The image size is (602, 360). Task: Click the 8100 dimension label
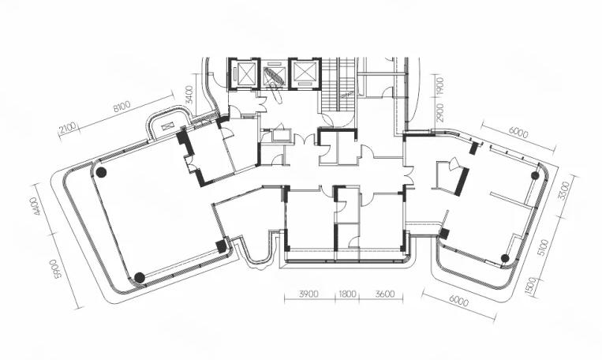tap(122, 106)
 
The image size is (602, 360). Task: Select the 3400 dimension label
tap(189, 95)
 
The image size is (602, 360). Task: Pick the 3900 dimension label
tap(308, 294)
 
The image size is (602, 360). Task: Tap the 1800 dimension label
tap(347, 294)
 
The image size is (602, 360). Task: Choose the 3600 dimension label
tap(385, 294)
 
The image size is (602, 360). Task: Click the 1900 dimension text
tap(440, 86)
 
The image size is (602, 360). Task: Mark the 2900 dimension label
tap(440, 113)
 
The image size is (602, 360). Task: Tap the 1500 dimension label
tap(531, 286)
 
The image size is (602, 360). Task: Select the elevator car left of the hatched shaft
tap(246, 73)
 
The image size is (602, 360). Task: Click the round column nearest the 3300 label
tap(535, 175)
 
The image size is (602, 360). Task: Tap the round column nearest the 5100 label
tap(505, 258)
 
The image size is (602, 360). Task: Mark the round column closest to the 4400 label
tap(101, 173)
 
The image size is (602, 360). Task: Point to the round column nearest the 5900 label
tap(140, 277)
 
